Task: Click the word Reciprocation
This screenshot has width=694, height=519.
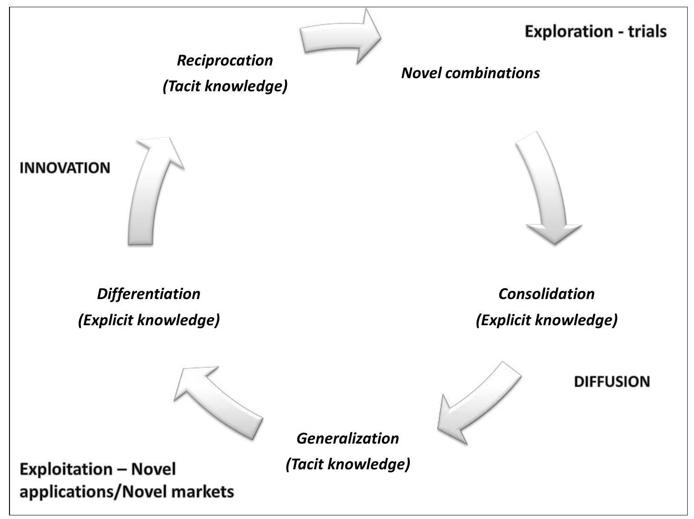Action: coord(225,60)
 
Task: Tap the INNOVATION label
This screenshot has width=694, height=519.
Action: coord(65,168)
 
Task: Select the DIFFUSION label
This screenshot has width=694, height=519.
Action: coord(611,382)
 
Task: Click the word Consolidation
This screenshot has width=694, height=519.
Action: coord(546,294)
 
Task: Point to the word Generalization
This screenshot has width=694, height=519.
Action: coord(347,438)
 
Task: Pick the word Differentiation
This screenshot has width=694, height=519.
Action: coord(149,294)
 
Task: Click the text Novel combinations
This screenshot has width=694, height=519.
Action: coord(470,73)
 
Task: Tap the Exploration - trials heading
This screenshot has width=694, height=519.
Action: coord(595,32)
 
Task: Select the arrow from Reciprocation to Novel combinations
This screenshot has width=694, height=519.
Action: coord(341,36)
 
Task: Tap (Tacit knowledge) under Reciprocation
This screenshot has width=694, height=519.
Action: coord(225,86)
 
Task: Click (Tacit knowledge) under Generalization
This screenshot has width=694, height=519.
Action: coord(347,464)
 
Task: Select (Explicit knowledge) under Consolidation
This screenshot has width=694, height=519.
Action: coord(546,320)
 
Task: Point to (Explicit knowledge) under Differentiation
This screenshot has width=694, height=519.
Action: coord(149,320)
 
